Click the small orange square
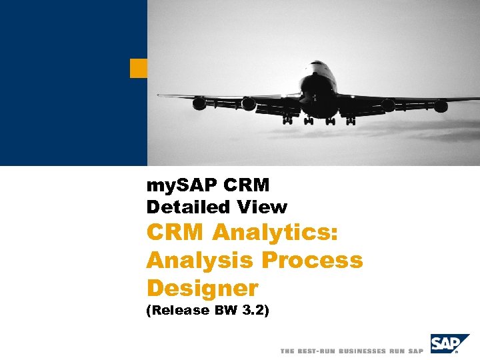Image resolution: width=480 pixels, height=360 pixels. tap(139, 68)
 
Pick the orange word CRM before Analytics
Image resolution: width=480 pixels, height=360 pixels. tap(175, 233)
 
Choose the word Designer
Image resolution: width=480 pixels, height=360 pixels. tap(202, 288)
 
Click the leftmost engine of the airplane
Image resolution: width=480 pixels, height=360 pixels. tap(199, 103)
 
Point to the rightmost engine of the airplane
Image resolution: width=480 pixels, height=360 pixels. tap(441, 106)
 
